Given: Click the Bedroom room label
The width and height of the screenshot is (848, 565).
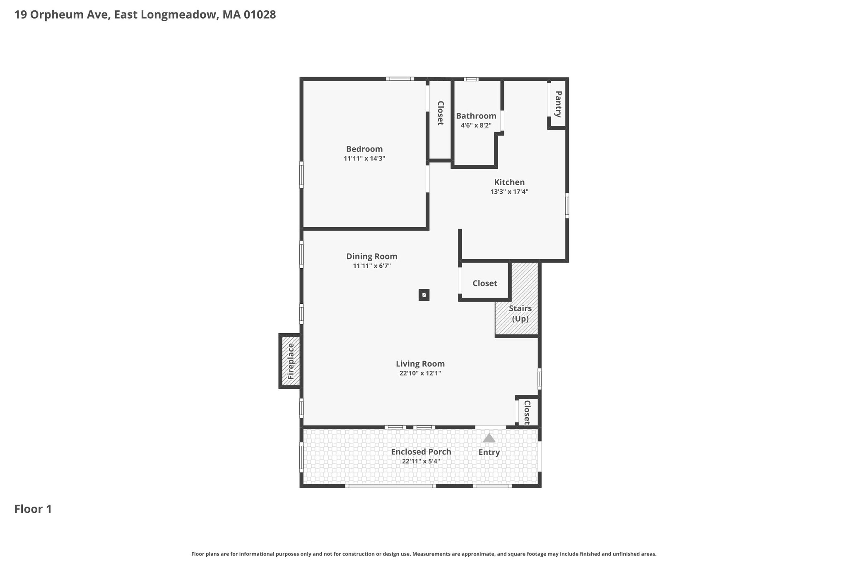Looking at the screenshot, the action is pos(364,149).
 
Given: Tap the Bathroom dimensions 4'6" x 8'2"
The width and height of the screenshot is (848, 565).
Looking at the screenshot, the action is pos(476,125).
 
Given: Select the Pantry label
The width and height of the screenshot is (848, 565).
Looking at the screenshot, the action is pos(558,104).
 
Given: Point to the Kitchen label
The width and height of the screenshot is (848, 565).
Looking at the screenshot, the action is pos(509,182).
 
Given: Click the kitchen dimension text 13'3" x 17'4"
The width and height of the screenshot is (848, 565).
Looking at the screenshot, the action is pos(509,192).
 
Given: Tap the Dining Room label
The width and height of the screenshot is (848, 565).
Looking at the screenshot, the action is pos(372,257).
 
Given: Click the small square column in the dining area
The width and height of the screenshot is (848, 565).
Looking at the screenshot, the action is pos(424,295).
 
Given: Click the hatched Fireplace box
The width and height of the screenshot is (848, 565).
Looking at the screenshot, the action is pos(290,361).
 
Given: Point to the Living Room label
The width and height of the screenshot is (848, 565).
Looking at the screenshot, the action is pos(420,364).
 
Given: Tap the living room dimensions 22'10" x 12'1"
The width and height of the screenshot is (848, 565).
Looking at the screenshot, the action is pos(420,373).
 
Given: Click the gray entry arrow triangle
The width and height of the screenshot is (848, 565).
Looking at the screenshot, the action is pos(489,438).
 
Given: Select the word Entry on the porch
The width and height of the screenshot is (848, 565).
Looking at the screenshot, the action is pos(489,452).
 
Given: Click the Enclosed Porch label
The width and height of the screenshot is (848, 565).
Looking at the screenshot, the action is pos(421,452).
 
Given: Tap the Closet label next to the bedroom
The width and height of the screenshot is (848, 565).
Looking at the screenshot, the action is pos(440,113).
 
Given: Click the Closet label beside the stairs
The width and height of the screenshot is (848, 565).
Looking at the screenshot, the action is pos(485,284).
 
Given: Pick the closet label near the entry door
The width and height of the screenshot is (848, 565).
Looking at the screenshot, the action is pos(527,412).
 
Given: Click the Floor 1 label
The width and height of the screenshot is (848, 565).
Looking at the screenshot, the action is pos(33,509).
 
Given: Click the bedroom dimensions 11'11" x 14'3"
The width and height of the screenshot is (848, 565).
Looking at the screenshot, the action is pos(364,159).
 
